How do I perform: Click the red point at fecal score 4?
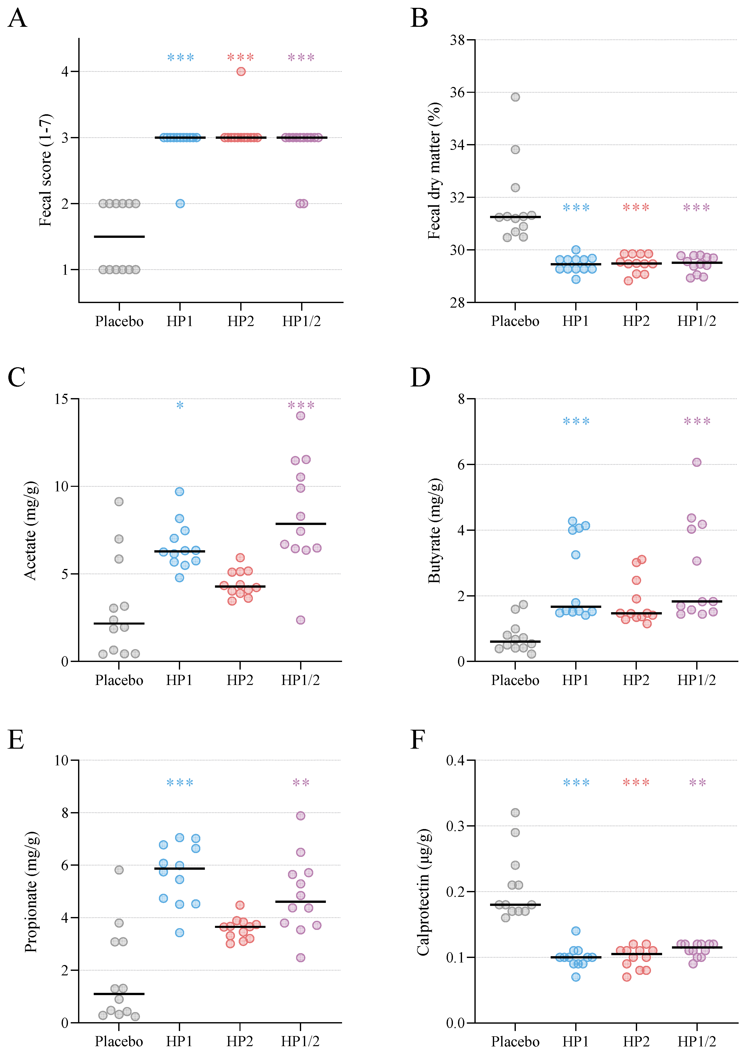241,72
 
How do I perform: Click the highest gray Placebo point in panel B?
515,97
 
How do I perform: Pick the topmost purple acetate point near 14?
300,416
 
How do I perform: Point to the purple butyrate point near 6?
696,462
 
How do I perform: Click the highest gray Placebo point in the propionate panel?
119,870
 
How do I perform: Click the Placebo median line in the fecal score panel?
119,237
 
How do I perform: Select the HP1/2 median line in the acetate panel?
300,524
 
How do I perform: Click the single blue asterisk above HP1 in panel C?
180,405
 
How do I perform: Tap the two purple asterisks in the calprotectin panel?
697,783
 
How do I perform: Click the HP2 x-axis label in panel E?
240,1041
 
